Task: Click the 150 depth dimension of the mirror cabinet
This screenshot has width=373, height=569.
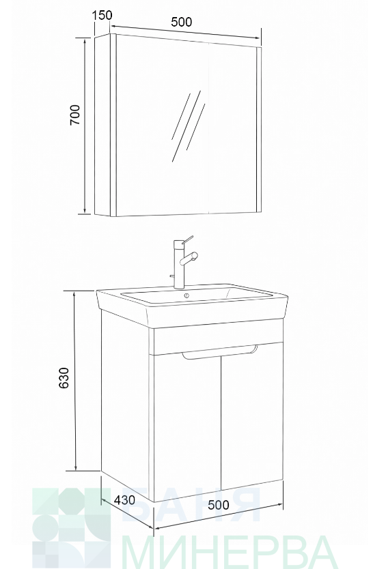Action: point(102,16)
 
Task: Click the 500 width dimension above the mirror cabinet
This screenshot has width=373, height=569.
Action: point(182,22)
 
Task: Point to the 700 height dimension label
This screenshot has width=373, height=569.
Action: point(75,115)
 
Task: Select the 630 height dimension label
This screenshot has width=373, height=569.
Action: point(64,378)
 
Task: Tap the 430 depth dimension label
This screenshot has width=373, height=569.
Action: point(124,500)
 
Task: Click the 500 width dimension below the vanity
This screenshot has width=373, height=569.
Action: point(219,505)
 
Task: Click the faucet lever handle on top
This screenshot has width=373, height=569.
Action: point(187,239)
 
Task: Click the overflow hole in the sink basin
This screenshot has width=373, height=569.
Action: point(186,295)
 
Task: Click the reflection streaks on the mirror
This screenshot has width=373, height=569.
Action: point(187,126)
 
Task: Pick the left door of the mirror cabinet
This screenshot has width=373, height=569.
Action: point(163,125)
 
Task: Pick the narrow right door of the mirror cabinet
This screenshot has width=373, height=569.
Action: point(233,128)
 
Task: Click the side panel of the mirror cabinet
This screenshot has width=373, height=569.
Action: point(102,126)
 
